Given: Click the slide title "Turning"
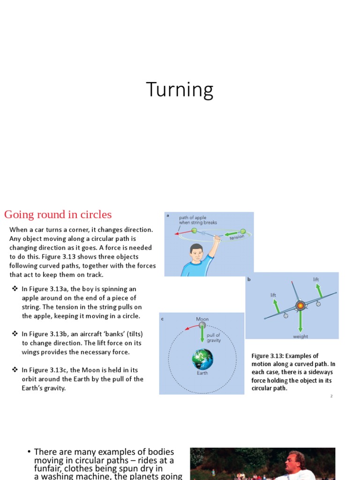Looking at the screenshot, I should tap(180, 90).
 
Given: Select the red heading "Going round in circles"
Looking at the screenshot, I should tap(58, 215).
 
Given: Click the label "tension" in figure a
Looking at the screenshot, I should tap(237, 238).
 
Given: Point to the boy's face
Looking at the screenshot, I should tap(197, 255).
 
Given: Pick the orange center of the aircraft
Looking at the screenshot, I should tap(300, 306).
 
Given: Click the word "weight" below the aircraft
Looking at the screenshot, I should tap(300, 337).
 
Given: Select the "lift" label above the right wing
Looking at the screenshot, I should tap(316, 280).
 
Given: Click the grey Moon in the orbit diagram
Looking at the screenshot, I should tap(202, 325).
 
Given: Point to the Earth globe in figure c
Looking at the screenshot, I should tap(202, 360).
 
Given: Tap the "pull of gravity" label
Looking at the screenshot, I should tap(213, 337).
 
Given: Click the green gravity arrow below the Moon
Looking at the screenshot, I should tap(202, 335).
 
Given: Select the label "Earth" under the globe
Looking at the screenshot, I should tap(202, 374).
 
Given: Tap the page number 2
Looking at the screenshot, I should tap(331, 396).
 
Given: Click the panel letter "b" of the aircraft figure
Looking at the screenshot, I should tap(249, 279).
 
